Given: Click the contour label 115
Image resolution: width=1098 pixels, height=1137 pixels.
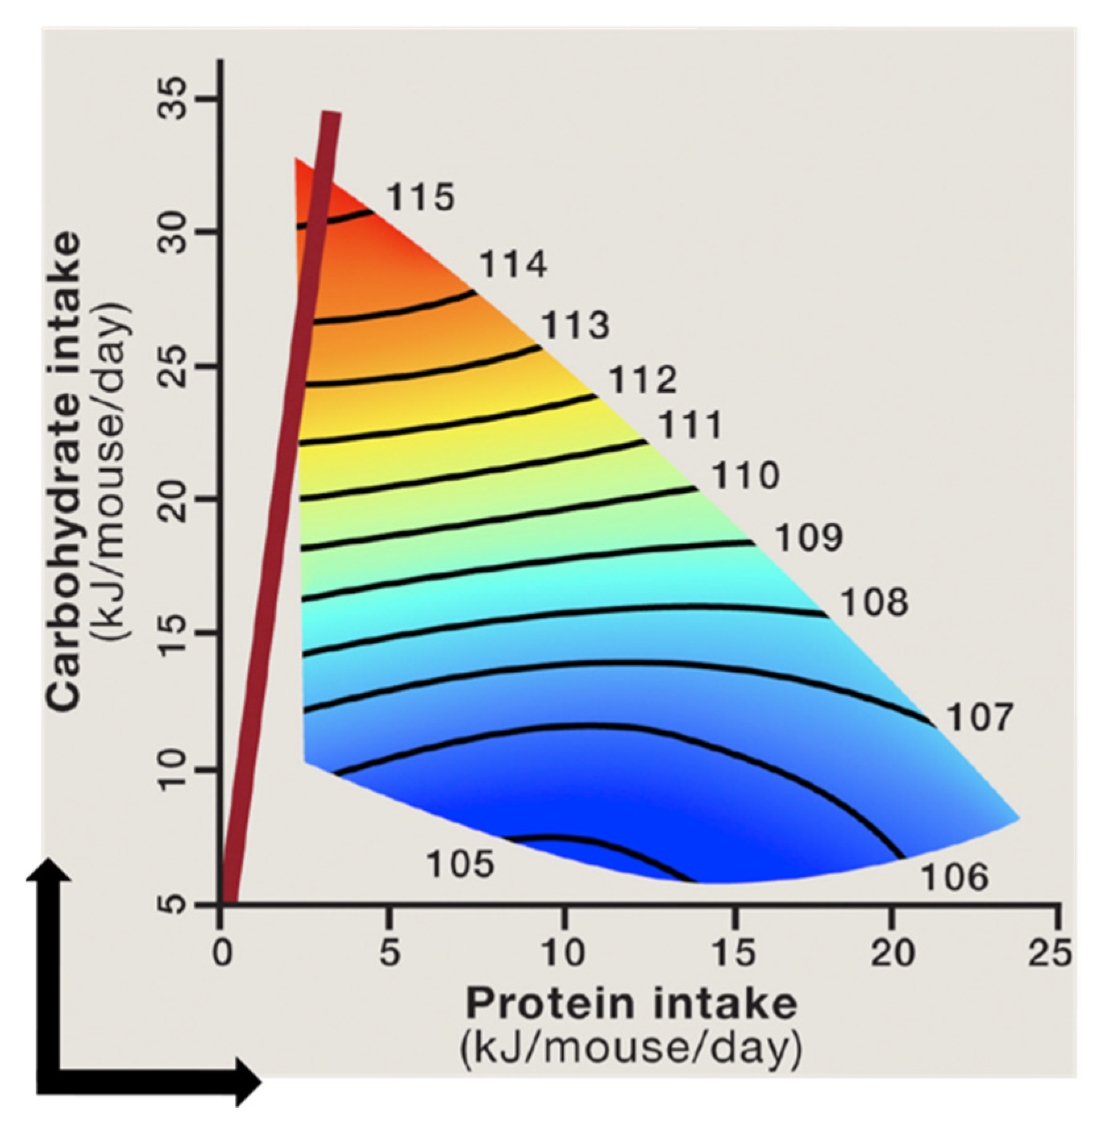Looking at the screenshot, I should pyautogui.click(x=420, y=197).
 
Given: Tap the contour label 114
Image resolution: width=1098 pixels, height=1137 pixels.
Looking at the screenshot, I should pyautogui.click(x=513, y=265).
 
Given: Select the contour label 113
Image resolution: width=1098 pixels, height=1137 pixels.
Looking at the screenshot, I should pyautogui.click(x=575, y=326).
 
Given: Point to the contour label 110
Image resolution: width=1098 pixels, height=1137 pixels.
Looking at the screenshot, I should pyautogui.click(x=746, y=475).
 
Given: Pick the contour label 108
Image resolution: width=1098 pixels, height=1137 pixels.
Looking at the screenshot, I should pyautogui.click(x=875, y=602).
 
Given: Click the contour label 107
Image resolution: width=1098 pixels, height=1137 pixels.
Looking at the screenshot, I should pyautogui.click(x=979, y=717).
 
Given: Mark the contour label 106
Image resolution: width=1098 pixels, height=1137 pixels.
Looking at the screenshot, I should pyautogui.click(x=954, y=877).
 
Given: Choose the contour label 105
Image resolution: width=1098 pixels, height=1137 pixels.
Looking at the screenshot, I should pyautogui.click(x=460, y=864).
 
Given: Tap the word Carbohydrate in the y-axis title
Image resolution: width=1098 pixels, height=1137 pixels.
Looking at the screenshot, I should pyautogui.click(x=65, y=470).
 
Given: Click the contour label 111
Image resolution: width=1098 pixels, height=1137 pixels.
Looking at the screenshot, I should pyautogui.click(x=691, y=425).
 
